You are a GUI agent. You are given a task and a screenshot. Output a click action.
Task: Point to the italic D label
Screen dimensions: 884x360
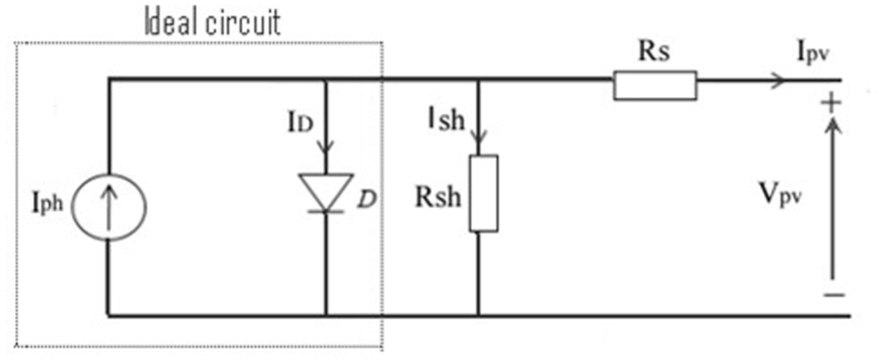pos(366,200)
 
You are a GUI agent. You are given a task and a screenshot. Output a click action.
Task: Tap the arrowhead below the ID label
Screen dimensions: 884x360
pos(325,146)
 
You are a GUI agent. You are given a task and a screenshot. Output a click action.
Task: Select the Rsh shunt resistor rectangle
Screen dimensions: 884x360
pos(484,193)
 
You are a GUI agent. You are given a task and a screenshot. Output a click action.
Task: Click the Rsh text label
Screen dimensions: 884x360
pos(438,197)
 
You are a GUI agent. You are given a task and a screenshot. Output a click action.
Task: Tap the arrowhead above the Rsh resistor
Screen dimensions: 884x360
pos(478,138)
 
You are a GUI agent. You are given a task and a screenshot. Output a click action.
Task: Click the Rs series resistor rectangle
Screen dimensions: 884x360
pos(655,85)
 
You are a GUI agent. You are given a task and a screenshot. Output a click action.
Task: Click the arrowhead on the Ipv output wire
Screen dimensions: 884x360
pos(778,80)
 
